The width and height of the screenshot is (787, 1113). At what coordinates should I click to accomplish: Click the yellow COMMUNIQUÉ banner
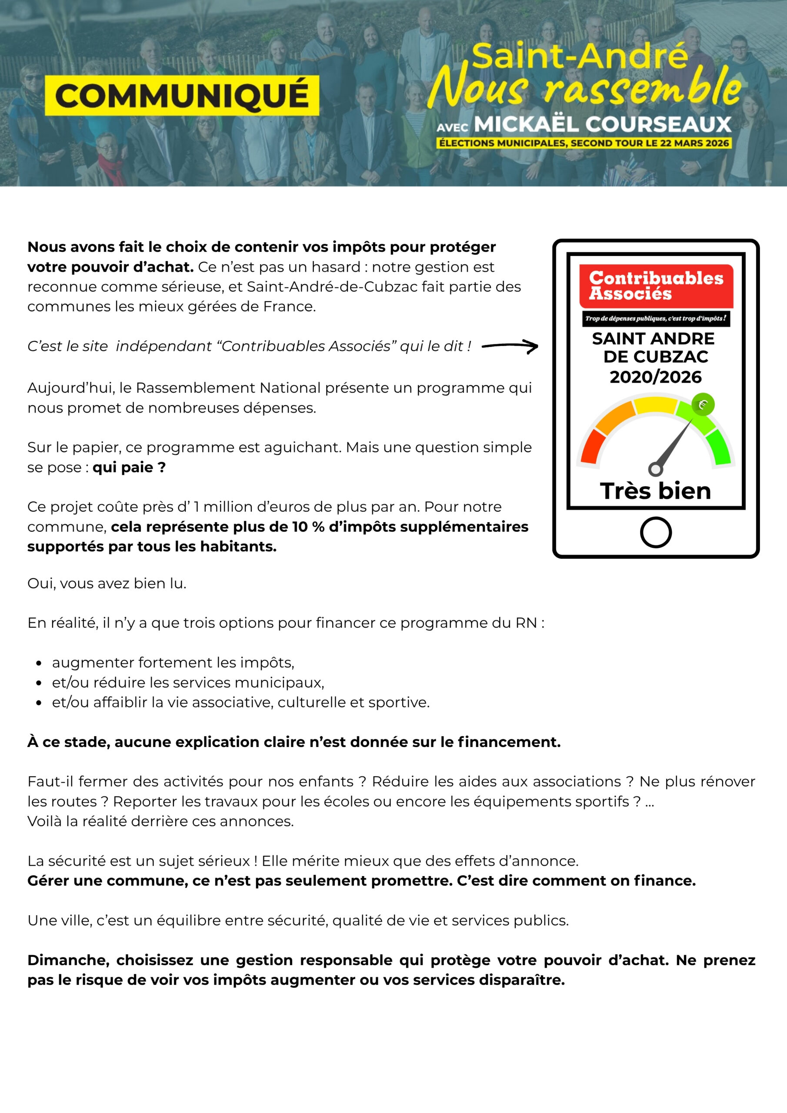pyautogui.click(x=182, y=96)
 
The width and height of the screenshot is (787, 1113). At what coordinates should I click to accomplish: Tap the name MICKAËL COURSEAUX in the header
pyautogui.click(x=602, y=125)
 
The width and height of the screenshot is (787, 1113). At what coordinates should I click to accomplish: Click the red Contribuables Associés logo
pyautogui.click(x=656, y=286)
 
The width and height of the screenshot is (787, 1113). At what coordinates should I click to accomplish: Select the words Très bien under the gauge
pyautogui.click(x=656, y=491)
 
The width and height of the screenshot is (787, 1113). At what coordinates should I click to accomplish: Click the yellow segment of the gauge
pyautogui.click(x=656, y=405)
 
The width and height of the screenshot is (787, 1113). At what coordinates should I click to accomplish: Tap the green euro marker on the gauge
pyautogui.click(x=703, y=405)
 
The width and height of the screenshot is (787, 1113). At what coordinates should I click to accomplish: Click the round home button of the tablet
pyautogui.click(x=656, y=532)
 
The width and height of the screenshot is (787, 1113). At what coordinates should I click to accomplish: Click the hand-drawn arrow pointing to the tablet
pyautogui.click(x=510, y=346)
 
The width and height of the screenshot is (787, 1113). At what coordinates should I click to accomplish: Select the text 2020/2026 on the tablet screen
pyautogui.click(x=656, y=377)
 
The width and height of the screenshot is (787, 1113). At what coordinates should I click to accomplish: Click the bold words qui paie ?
pyautogui.click(x=129, y=467)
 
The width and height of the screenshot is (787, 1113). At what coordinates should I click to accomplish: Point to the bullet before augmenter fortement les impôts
pyautogui.click(x=39, y=663)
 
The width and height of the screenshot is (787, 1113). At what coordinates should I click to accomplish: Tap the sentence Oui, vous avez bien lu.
pyautogui.click(x=107, y=583)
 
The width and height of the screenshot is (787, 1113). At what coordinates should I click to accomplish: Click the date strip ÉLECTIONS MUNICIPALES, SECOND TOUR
pyautogui.click(x=584, y=143)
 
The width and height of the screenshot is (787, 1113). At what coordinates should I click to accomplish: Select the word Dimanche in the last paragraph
pyautogui.click(x=68, y=960)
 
